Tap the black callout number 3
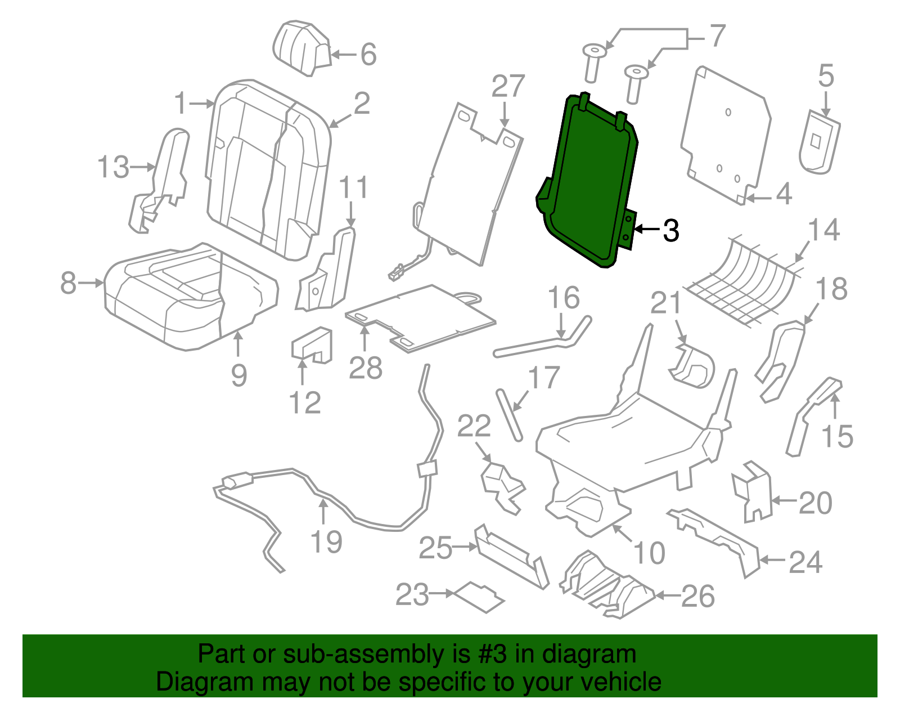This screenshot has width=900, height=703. coord(670,230)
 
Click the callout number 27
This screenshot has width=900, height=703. coord(508,87)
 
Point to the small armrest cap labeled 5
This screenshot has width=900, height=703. coord(818,142)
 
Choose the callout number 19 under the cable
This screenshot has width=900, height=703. coord(326,542)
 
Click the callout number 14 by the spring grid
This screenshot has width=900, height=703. coord(823,230)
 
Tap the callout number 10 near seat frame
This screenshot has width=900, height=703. coord(649,553)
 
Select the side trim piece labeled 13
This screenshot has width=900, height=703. coord(163,180)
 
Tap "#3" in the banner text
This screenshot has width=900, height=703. coord(493,655)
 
